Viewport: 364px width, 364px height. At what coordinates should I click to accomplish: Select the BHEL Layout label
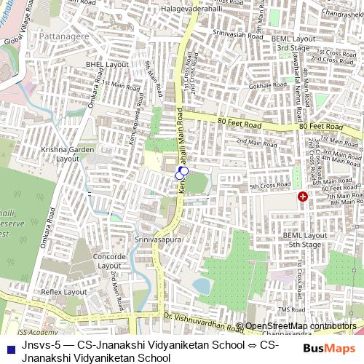(x=106, y=65)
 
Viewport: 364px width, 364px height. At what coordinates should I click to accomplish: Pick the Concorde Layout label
(x=109, y=261)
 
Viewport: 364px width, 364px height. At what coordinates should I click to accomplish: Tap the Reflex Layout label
(x=63, y=291)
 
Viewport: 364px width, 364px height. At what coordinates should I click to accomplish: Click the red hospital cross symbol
(x=302, y=197)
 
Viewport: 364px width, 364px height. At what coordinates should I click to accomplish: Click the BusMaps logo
(x=328, y=348)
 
